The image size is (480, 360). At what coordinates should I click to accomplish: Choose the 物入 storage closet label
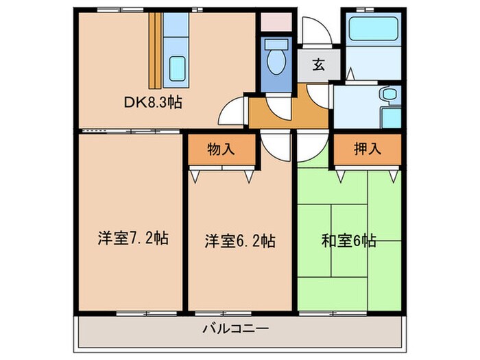click(221, 149)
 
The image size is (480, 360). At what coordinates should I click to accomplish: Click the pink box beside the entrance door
click(277, 20)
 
